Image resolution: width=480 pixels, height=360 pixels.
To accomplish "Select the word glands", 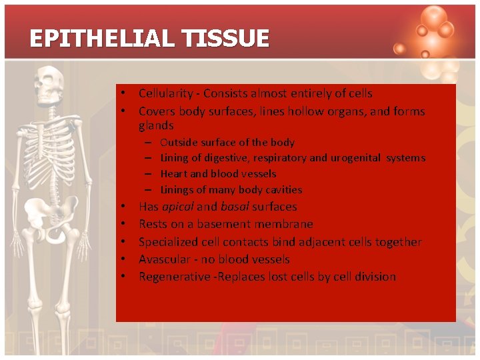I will [156, 125].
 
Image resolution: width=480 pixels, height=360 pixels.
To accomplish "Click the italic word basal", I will [234, 207].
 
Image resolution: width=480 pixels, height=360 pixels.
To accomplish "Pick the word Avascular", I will [164, 259].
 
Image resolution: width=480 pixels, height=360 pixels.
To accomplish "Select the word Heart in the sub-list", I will [174, 174].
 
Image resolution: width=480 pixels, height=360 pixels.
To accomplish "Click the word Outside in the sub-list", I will [179, 142].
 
